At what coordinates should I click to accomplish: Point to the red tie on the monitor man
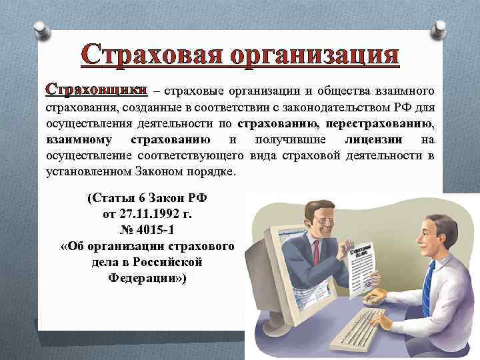(315, 257)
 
